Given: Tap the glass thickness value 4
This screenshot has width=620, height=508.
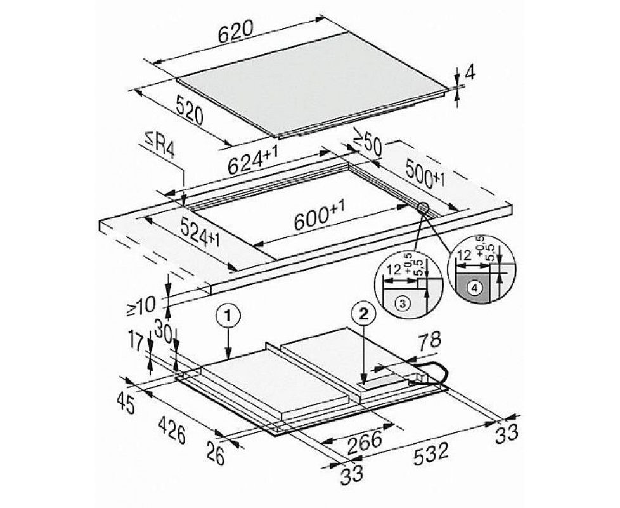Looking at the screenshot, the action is pos(470,73).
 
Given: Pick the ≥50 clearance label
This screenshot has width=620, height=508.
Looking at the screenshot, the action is pos(367,142).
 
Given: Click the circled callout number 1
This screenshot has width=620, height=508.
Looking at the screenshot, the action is pos(228,316).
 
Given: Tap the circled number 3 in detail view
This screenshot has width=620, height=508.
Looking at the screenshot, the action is pos(402,304).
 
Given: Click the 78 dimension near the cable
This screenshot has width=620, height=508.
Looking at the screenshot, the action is pos(429,341).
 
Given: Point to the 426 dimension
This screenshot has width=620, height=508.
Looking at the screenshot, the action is pos(172,430).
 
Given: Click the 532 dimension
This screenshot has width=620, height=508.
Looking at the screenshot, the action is pos(431,454).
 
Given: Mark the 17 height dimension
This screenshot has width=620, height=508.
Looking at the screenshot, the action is pos(136,341).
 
